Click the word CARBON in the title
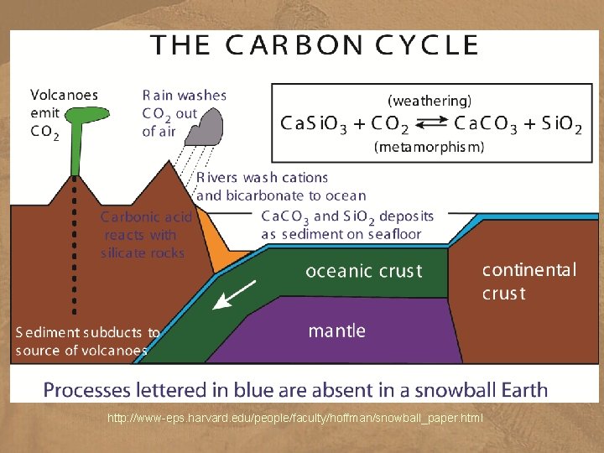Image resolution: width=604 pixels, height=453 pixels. pyautogui.click(x=288, y=44)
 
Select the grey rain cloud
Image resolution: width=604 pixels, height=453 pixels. pyautogui.click(x=206, y=130)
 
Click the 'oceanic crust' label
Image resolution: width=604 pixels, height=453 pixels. pyautogui.click(x=363, y=271)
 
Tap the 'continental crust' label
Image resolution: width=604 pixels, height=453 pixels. pyautogui.click(x=528, y=281)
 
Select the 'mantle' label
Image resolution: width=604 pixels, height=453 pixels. pyautogui.click(x=336, y=331)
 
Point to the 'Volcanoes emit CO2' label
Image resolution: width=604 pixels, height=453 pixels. pyautogui.click(x=64, y=112)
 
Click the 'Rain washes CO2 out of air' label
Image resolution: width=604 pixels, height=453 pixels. pyautogui.click(x=184, y=113)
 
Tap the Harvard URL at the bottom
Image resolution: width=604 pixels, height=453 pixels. pyautogui.click(x=295, y=418)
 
